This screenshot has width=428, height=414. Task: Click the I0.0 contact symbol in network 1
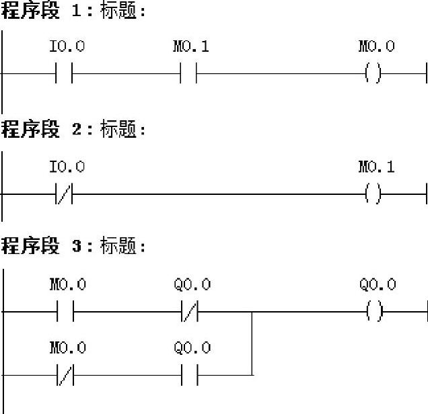65,74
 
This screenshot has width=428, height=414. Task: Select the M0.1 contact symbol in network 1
189,74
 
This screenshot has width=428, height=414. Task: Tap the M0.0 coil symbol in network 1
373,74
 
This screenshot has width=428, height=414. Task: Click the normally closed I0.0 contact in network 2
65,195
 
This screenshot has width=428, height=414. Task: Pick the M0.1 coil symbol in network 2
373,195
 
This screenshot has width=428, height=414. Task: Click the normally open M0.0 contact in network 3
65,312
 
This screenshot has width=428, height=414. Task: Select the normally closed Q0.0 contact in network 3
189,312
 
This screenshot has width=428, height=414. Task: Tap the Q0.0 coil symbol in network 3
373,312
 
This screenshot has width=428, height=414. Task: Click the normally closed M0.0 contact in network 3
65,375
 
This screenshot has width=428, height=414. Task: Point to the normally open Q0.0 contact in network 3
189,375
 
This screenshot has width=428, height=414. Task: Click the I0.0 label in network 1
67,47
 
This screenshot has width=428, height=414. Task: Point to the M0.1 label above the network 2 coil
376,167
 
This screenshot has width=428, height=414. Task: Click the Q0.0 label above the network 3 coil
378,284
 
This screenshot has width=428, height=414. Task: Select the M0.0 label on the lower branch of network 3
68,347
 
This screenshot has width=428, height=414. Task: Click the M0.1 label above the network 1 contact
191,47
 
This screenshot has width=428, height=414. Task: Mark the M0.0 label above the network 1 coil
376,47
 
